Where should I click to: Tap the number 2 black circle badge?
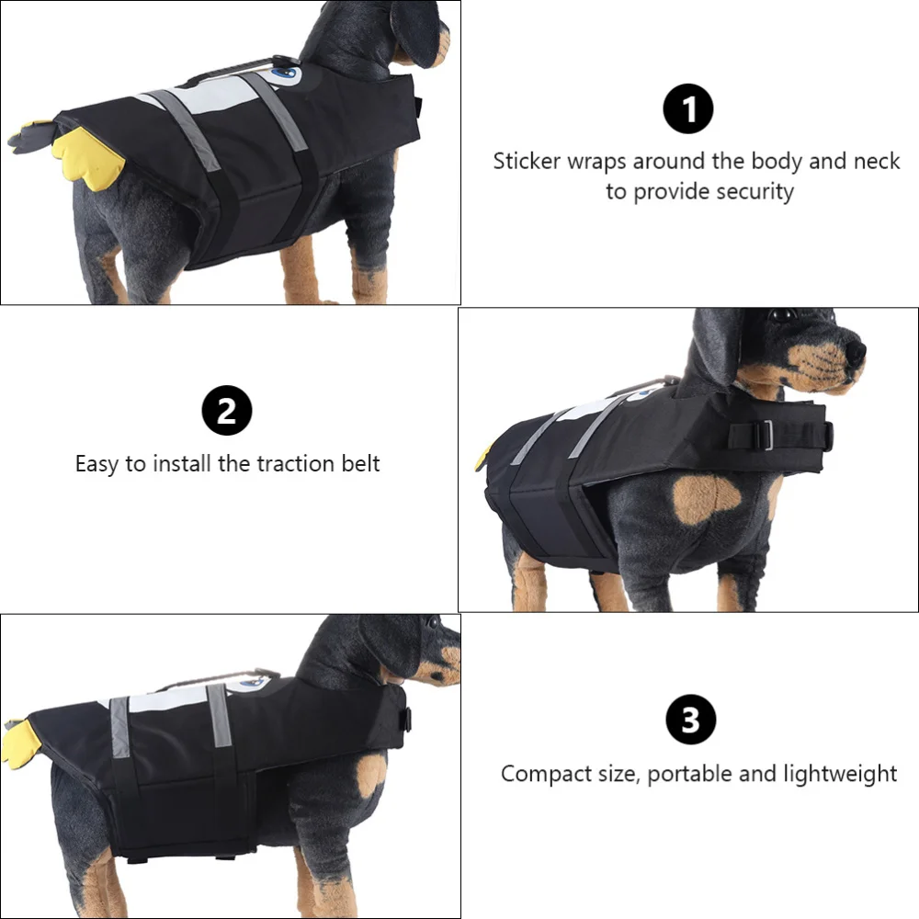[226, 412]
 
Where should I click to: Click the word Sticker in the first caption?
[526, 162]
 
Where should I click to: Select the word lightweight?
[840, 775]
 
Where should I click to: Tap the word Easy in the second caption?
[96, 463]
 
